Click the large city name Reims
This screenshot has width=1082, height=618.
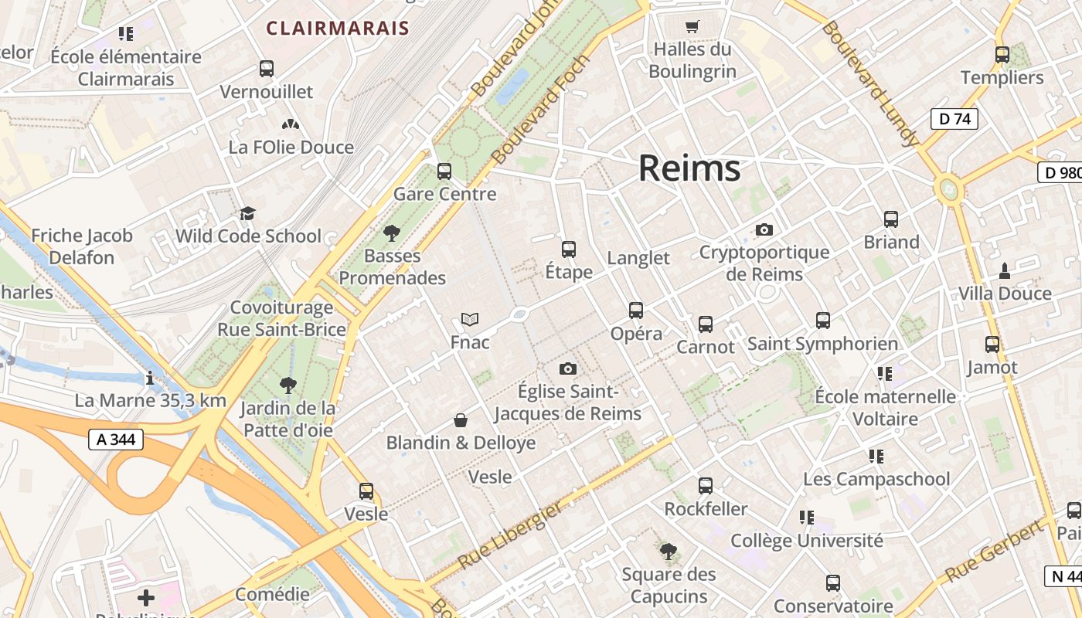pos(689,168)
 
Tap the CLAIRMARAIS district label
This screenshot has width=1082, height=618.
pos(338,29)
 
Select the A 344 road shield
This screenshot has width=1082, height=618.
pos(116,440)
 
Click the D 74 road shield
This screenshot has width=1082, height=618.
pos(954,119)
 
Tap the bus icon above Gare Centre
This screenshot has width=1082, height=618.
pos(444,171)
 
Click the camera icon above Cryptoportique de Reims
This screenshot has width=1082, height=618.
pos(764,230)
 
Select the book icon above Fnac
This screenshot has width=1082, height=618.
pos(470,319)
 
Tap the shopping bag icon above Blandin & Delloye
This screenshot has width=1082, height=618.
pos(461,420)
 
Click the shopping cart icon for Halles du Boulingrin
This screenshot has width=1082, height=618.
pos(692,26)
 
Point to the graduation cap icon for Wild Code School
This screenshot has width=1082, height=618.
pos(247,213)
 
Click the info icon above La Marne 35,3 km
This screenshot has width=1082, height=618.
pos(150,378)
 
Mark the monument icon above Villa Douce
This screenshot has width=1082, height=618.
pos(1005,270)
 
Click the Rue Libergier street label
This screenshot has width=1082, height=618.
pos(510,535)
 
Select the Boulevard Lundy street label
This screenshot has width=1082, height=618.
pos(871,83)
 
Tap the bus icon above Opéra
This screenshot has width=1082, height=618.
pos(636,311)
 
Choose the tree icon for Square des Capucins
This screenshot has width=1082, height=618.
pos(669,552)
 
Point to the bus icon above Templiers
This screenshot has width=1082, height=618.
pos(1002,55)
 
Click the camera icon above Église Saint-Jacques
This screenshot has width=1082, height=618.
pos(568,369)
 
